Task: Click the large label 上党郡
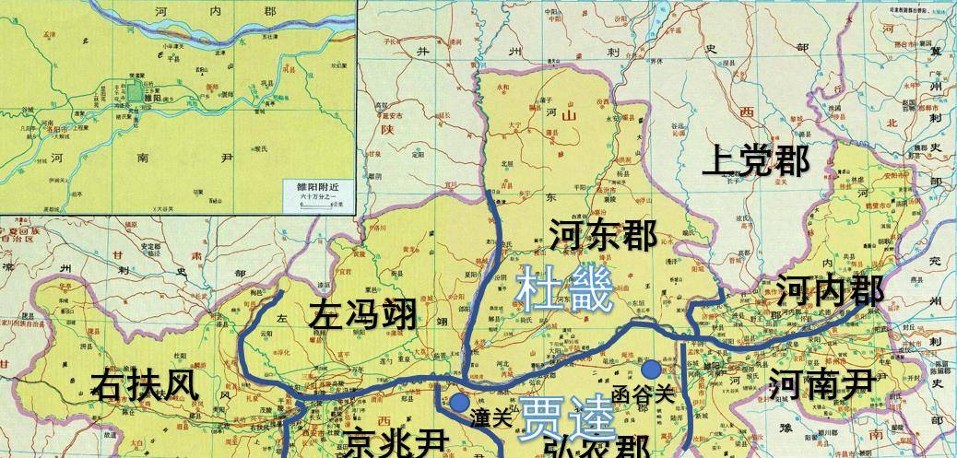(x=756, y=161)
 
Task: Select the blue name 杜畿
(x=565, y=289)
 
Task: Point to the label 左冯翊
(x=362, y=315)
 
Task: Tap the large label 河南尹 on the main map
(x=821, y=382)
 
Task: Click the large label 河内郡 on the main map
(x=831, y=292)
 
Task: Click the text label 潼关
(x=490, y=416)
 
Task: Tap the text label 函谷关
(x=644, y=393)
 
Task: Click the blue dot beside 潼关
(x=458, y=403)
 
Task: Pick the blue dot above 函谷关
(x=651, y=370)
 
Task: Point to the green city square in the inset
(x=136, y=92)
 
